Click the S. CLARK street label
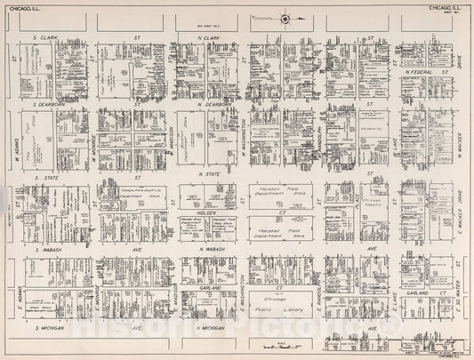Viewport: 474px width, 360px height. click(44, 38)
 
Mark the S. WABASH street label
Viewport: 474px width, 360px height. click(46, 251)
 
